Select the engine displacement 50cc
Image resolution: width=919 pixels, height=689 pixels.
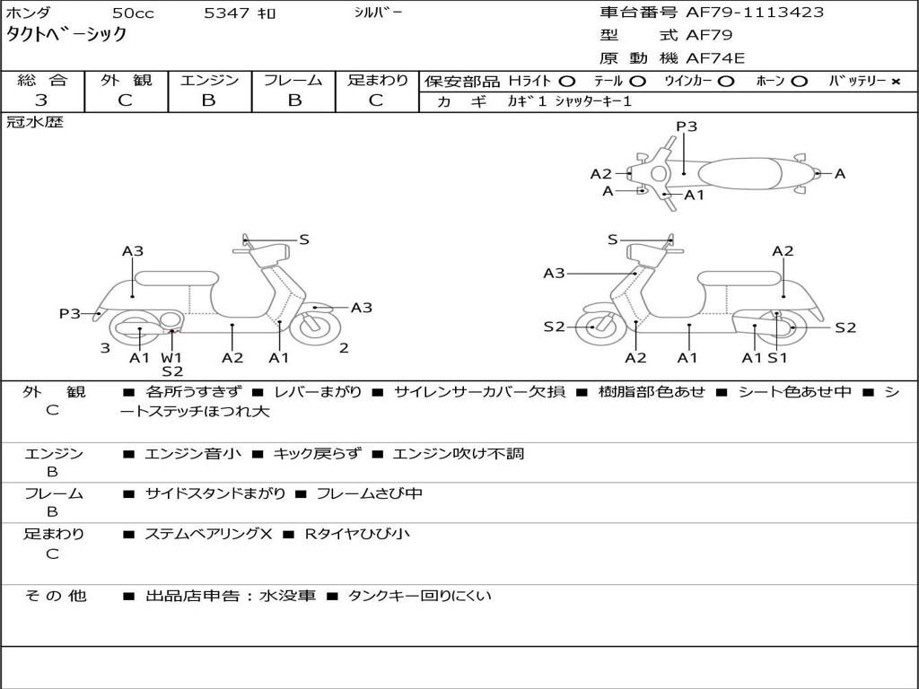(x=133, y=13)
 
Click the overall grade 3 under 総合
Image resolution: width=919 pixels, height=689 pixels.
(x=41, y=100)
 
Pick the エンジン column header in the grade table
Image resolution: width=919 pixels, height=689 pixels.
(x=209, y=80)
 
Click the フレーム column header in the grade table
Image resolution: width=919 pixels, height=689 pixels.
(x=293, y=80)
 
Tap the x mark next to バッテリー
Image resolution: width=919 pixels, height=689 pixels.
(x=895, y=81)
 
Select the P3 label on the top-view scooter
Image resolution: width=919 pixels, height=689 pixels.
(x=687, y=126)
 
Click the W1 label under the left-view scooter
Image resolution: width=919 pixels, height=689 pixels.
(x=171, y=357)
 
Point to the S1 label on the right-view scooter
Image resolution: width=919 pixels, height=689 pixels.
(x=777, y=357)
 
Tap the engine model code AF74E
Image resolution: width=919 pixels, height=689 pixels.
(x=715, y=58)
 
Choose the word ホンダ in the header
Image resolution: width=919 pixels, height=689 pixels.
(x=29, y=13)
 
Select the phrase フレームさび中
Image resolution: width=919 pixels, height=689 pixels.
(x=369, y=493)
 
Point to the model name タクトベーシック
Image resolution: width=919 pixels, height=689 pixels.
(x=66, y=35)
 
